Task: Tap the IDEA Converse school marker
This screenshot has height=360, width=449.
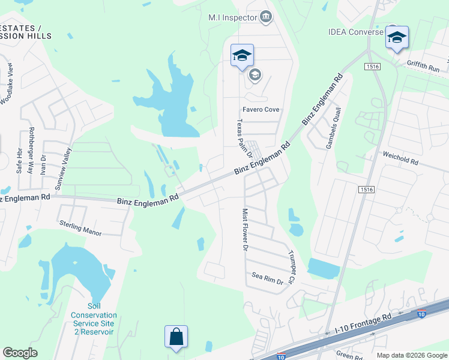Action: point(397,37)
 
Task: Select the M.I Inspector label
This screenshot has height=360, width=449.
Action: point(232,17)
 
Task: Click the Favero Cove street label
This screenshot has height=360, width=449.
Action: point(261,110)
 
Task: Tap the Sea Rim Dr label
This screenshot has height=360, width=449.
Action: point(267,277)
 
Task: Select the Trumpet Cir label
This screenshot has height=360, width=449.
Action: point(292,266)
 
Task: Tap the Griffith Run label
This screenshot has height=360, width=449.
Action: point(423,70)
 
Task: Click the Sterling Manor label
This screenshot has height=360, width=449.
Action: point(80,228)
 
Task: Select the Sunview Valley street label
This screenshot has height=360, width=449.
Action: point(63,169)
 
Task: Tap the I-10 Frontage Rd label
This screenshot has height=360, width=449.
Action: point(363,323)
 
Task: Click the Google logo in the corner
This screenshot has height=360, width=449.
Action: point(20,353)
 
